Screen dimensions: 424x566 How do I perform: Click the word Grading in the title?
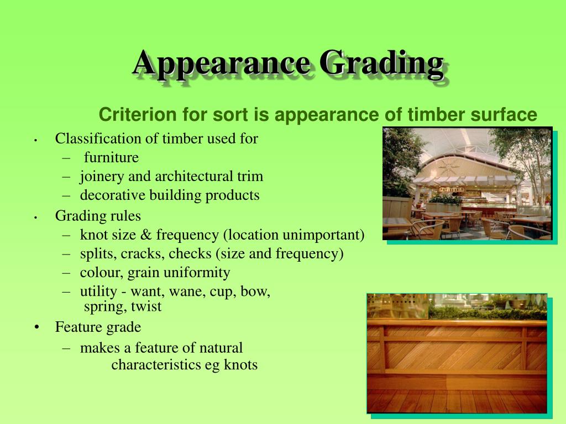pos(381,63)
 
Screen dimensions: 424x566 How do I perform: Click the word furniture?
pos(111,158)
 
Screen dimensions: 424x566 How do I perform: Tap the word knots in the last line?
pos(241,365)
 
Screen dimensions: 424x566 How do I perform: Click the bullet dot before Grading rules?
pos(35,217)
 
